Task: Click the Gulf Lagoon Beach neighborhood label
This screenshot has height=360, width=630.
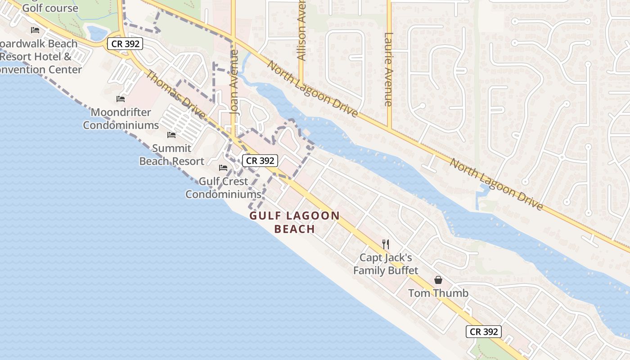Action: [295, 222]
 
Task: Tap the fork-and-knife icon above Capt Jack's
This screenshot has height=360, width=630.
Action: [385, 244]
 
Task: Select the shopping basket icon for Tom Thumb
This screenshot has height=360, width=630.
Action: [438, 280]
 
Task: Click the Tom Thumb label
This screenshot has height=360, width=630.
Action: [438, 293]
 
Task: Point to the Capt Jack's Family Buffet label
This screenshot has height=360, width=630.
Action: [386, 264]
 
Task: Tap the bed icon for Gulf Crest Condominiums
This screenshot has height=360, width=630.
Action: [223, 168]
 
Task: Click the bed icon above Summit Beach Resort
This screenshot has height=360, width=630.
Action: [171, 135]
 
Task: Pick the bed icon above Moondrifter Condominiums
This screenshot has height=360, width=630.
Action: [121, 99]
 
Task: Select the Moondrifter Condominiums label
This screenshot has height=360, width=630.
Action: [121, 119]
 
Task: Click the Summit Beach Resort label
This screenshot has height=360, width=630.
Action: [172, 155]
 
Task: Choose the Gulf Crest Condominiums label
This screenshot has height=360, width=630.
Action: [224, 188]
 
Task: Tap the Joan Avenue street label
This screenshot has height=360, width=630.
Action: [234, 88]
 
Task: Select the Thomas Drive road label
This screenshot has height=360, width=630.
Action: [176, 95]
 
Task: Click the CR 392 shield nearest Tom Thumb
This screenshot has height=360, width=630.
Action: [483, 332]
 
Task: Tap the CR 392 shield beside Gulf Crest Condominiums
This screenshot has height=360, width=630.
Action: [260, 160]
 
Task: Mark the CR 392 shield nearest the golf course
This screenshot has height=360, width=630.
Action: [125, 44]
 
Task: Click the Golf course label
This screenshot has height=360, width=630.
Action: [50, 8]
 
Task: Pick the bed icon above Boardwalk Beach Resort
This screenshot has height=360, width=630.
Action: [35, 30]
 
